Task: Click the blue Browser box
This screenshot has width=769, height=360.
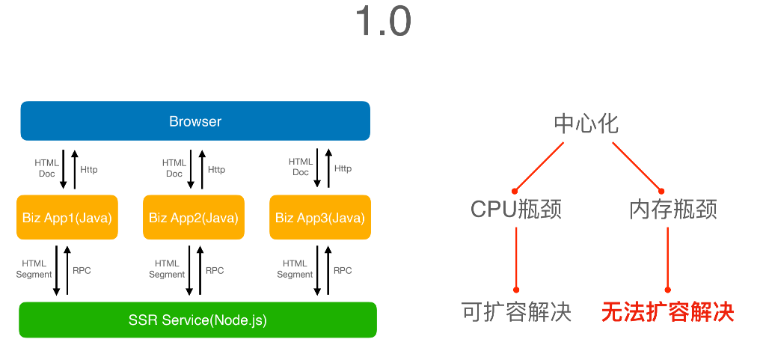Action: [195, 121]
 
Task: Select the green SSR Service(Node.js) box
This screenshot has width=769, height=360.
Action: [197, 320]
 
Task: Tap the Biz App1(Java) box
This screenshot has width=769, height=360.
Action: [67, 218]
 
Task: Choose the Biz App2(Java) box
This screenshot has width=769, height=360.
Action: [194, 218]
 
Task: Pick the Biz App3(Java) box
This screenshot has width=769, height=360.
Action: [320, 218]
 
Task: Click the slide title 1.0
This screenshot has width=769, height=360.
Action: [383, 22]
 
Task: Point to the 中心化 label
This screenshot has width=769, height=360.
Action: [586, 123]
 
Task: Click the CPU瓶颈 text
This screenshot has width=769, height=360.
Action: [516, 209]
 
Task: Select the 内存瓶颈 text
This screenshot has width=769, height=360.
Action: [673, 209]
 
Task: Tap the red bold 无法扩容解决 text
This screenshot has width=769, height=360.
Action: [668, 312]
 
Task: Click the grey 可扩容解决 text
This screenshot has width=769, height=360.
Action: [517, 312]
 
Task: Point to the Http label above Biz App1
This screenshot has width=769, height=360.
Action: [89, 169]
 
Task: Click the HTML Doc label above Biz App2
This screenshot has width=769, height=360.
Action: [174, 168]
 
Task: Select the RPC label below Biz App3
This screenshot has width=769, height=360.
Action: [343, 270]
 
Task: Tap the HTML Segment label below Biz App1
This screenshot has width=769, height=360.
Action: [34, 269]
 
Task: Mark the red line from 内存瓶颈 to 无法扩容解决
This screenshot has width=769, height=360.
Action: [668, 258]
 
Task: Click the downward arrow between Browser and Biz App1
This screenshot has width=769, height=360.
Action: [64, 169]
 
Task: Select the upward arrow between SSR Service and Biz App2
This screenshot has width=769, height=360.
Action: [200, 270]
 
